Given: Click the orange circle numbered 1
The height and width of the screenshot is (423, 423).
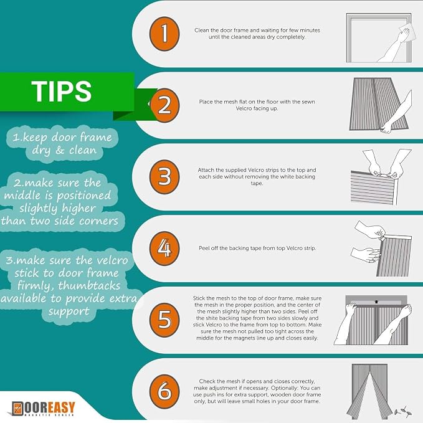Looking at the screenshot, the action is click(164, 34).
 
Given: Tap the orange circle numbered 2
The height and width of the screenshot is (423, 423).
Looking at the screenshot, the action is click(164, 105).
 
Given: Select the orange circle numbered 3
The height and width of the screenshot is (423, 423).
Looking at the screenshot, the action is click(164, 177).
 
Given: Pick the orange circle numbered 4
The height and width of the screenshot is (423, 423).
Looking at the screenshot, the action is click(164, 248).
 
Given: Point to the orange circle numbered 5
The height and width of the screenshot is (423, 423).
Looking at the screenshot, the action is click(164, 320).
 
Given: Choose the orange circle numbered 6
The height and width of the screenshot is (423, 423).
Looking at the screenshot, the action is click(164, 391).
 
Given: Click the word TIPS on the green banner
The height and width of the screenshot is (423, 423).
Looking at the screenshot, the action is click(62, 92).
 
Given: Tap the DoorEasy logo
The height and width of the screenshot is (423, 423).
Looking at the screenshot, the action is click(43, 409).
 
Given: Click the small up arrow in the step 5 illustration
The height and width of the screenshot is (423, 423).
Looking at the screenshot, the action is click(377, 302).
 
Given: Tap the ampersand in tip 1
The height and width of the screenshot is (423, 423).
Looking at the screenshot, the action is click(60, 150).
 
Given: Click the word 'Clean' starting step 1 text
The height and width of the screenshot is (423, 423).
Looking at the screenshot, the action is click(202, 30).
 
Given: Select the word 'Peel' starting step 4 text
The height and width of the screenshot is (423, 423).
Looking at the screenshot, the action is click(204, 248).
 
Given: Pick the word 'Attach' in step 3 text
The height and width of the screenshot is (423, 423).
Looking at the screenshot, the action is click(206, 170).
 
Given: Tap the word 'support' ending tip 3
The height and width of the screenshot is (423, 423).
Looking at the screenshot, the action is click(69, 311).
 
